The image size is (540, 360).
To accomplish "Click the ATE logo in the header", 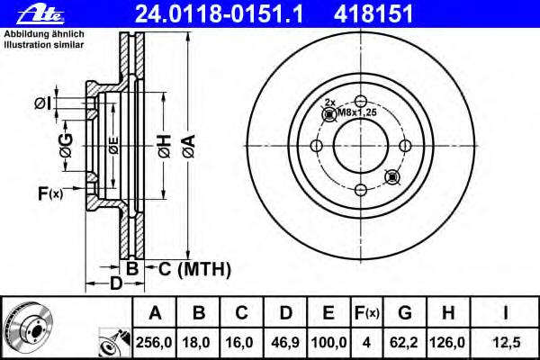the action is [40, 14].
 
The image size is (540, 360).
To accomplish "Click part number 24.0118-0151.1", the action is [219, 14].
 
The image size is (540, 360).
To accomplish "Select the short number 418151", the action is [373, 14].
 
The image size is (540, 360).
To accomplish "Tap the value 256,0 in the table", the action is [154, 342].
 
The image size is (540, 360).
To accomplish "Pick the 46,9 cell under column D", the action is [285, 342].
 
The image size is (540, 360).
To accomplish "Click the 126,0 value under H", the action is [447, 342].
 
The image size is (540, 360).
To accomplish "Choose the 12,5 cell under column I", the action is [506, 342].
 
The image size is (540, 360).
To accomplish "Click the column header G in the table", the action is [405, 313].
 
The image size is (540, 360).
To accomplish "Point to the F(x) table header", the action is [367, 313].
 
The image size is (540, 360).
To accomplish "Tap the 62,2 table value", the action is [403, 342].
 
